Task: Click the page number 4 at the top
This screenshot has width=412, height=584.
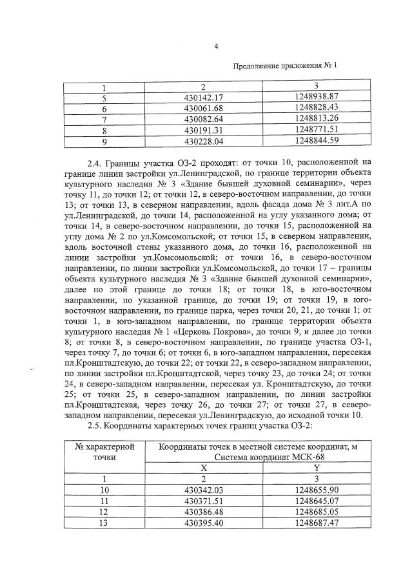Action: pyautogui.click(x=216, y=46)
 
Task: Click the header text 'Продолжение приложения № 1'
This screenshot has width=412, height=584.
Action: pyautogui.click(x=284, y=65)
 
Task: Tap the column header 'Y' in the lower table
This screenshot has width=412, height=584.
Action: pyautogui.click(x=316, y=468)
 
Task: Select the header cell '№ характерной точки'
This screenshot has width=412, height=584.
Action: pyautogui.click(x=104, y=452)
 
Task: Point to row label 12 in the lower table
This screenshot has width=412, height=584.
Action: pyautogui.click(x=104, y=512)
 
